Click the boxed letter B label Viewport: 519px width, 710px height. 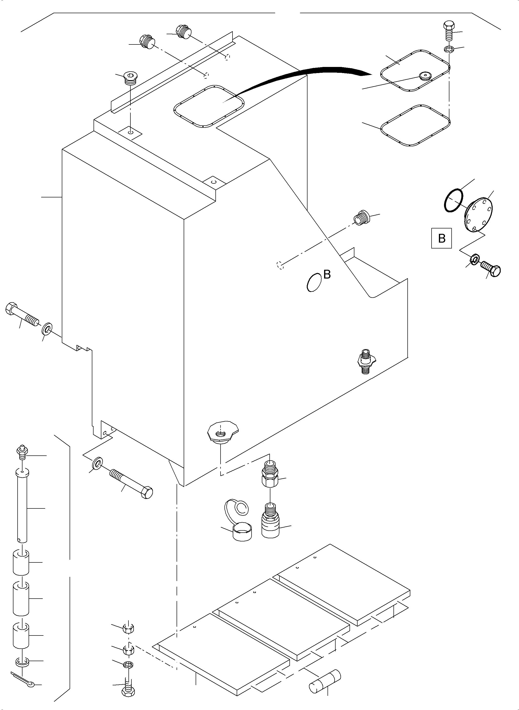click(441, 238)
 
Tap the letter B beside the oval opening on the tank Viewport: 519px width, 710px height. click(327, 274)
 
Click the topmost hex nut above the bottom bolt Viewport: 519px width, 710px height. click(129, 628)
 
